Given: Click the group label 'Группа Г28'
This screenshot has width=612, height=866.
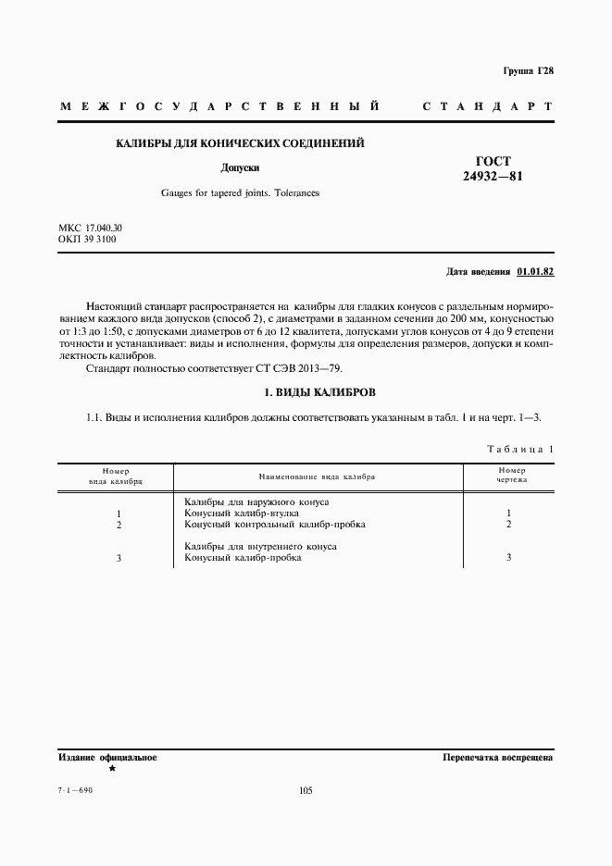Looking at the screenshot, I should [x=528, y=71].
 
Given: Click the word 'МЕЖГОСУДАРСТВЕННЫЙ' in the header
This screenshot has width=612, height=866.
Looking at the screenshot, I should [x=220, y=107].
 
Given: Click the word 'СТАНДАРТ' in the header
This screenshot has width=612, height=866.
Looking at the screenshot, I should [x=487, y=107].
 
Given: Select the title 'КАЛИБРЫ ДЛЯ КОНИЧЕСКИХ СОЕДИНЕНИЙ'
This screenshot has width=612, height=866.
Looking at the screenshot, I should [x=239, y=143].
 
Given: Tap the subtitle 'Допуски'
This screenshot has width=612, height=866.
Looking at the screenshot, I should [x=239, y=168].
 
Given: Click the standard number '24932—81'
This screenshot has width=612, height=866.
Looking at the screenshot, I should [x=493, y=176].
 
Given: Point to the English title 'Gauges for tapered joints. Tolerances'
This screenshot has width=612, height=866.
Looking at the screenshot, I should [x=239, y=193].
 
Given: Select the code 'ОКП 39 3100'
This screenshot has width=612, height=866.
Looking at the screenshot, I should [x=85, y=239].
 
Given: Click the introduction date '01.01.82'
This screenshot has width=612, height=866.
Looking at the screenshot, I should [x=535, y=273].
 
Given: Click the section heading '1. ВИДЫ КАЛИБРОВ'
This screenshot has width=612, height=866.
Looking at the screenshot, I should [x=305, y=393].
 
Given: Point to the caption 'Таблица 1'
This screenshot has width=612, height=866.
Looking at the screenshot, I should [x=519, y=449].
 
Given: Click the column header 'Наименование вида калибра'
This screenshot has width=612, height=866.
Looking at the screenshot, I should [x=317, y=476].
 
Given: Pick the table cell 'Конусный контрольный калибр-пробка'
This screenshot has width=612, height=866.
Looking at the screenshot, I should [x=274, y=525].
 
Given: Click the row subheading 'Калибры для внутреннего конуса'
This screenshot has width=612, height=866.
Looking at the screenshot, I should [x=260, y=547].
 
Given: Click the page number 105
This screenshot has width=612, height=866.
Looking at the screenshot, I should [x=306, y=790].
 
